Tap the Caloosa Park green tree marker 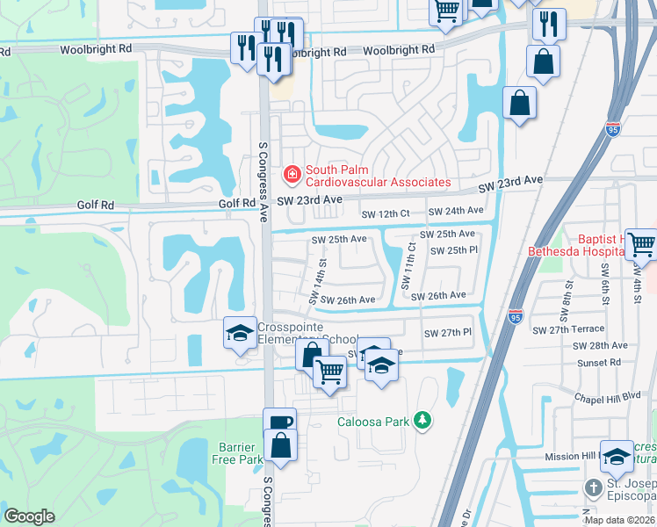(x=423, y=422)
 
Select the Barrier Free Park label (x=237, y=452)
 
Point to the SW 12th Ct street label (x=386, y=213)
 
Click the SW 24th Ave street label (x=456, y=211)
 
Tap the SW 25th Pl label (x=453, y=250)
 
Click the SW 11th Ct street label (x=407, y=266)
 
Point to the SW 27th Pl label (x=448, y=333)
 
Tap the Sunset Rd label (x=599, y=362)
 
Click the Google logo (x=29, y=516)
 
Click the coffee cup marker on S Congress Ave (x=280, y=422)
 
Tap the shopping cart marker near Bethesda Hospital (x=642, y=242)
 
